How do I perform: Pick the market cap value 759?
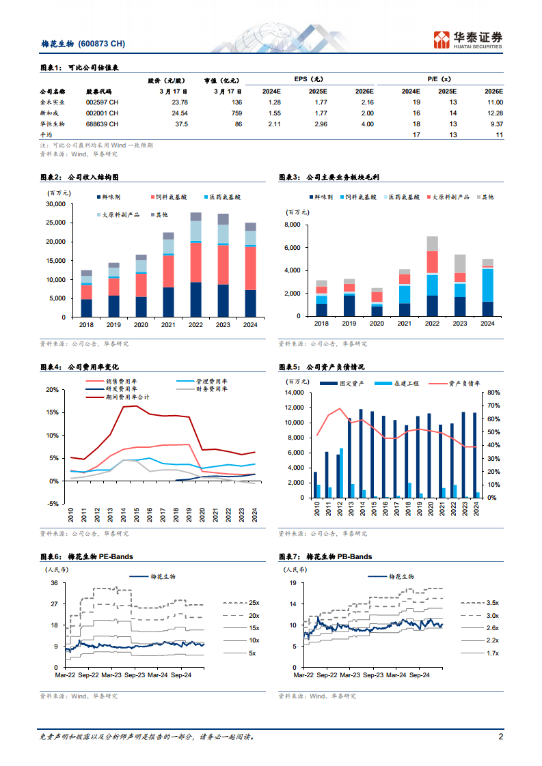(236, 113)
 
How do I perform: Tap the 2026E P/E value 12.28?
(493, 113)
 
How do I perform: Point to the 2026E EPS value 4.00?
(367, 124)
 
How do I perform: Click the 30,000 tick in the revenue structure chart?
(55, 204)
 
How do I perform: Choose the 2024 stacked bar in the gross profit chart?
(487, 287)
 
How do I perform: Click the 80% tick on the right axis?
(494, 393)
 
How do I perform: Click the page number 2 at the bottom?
(500, 737)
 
